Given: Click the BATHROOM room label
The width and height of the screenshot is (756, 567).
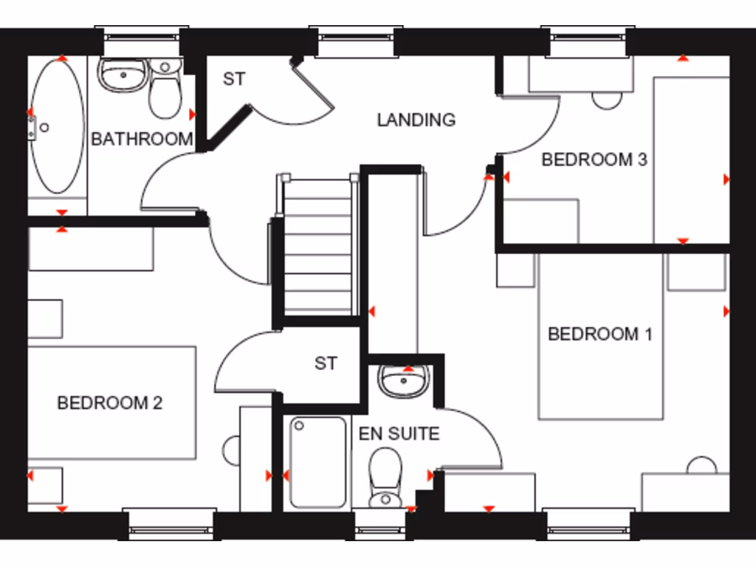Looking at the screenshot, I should coord(142,139).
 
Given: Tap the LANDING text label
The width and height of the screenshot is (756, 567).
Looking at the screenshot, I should coord(416,120).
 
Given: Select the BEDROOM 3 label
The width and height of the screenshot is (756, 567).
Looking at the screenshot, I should coord(594,159).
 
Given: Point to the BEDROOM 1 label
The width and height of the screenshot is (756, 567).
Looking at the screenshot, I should coord(599,334).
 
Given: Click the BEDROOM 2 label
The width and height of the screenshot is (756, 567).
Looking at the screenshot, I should coord(109,403).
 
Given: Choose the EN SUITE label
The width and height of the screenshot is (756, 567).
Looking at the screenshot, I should coord(399,434).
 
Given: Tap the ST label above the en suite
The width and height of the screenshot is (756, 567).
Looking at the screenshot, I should coord(326,363).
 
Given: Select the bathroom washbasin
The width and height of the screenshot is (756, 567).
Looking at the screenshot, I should coord(121,75).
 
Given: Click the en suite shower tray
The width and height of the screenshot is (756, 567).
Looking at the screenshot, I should coord(318,462).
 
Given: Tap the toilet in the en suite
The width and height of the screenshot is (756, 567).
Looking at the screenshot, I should coord(385,478).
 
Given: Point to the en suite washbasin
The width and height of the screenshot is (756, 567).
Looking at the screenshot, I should coord(403,381).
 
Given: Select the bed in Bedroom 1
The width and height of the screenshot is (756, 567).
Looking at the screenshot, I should coord(601,337).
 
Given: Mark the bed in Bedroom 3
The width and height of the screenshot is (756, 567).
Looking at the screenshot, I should coord(691,159).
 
